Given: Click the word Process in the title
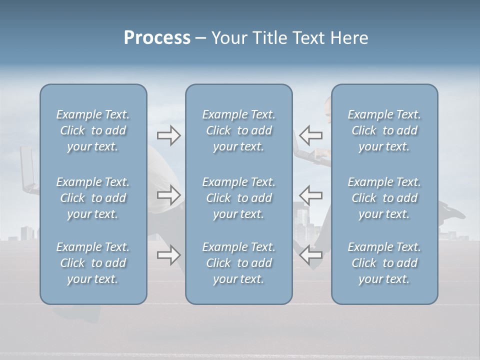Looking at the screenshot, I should [157, 38].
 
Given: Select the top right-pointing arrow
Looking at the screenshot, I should [168, 135].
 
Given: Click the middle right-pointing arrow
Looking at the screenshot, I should [168, 195].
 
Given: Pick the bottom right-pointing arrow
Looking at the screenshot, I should [168, 255].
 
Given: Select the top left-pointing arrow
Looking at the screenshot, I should [310, 135].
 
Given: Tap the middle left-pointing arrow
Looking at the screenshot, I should [310, 195].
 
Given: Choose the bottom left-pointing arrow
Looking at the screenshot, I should [310, 255].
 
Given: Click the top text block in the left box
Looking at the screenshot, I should [93, 130].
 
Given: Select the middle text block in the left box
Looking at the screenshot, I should [93, 198].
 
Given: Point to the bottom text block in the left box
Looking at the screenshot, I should [93, 263].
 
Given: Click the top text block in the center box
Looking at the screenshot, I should [238, 130].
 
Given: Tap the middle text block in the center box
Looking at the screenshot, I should [238, 198].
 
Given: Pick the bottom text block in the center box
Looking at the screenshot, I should [238, 263].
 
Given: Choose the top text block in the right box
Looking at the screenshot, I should [384, 130].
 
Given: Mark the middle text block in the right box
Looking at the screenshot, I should [384, 198].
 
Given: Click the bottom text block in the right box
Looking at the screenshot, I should [384, 263].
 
